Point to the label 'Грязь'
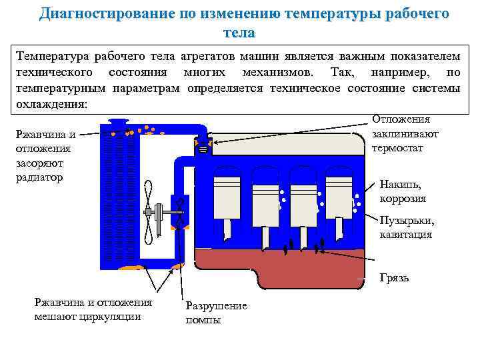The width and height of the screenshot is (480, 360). pos(394,278)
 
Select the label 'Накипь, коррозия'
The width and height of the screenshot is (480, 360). pos(402,191)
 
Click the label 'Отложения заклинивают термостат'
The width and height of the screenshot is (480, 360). pos(405,133)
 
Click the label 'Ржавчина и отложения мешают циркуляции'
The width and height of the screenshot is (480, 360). pos(93,309)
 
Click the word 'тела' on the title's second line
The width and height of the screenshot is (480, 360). pos(240,32)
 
